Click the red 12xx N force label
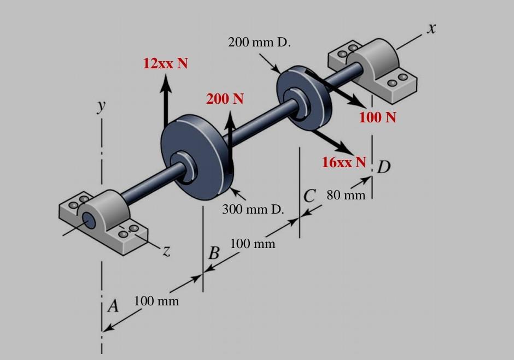coord(165,63)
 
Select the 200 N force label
coord(225,99)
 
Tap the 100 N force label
coord(377,117)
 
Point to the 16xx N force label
coord(343,162)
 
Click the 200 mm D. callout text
coord(259,43)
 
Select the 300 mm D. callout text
coord(253,209)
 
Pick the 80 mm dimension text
coord(346,195)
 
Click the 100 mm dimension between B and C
coord(252,243)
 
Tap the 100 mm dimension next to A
coord(156,301)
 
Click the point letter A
coord(113,306)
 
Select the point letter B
coord(214,253)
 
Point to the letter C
coord(309,195)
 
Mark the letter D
coord(384,167)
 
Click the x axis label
coord(431,29)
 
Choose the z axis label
coord(166,251)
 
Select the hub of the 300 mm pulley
coord(186,166)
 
